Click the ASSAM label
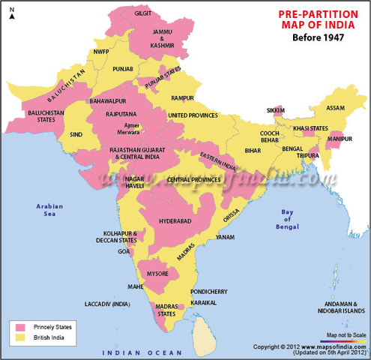(x=336, y=108)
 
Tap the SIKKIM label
(x=276, y=110)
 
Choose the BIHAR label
(x=253, y=150)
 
